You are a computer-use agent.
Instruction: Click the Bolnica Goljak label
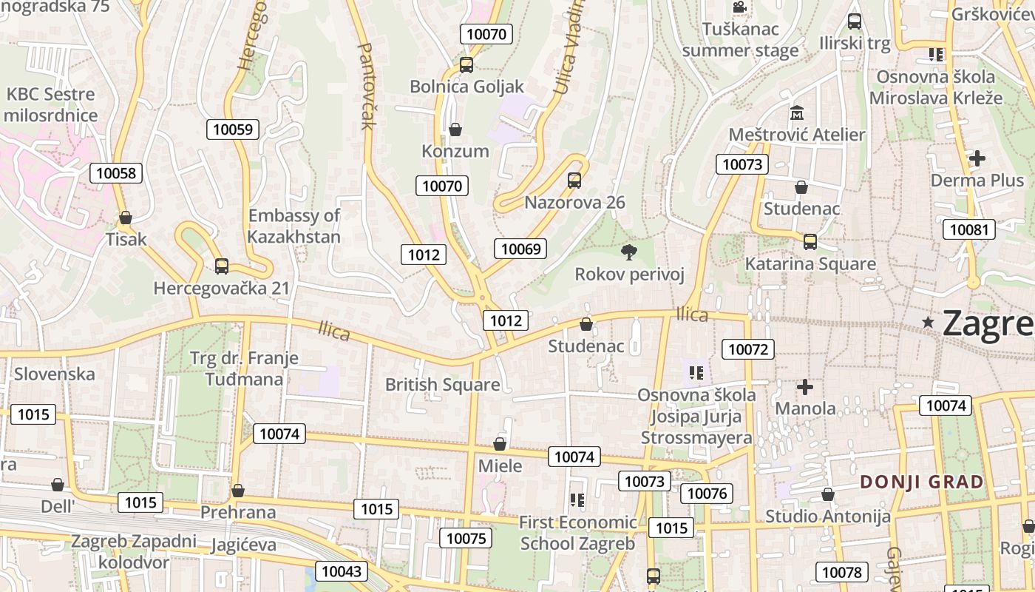click(x=466, y=87)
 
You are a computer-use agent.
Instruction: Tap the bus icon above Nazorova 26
click(x=574, y=180)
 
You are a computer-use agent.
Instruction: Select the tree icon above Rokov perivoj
click(x=629, y=252)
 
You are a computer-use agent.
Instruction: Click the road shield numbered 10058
click(x=116, y=173)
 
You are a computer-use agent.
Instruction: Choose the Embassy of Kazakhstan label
click(x=293, y=226)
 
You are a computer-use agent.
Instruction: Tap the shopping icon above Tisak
click(x=126, y=218)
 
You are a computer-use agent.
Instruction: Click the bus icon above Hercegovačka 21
click(x=221, y=266)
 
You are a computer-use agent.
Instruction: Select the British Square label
click(x=442, y=385)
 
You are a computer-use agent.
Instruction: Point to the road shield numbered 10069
click(x=521, y=249)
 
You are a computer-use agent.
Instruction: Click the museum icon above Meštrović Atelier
click(x=797, y=113)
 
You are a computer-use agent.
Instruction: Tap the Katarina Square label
click(x=810, y=264)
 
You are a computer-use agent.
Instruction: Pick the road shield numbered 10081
click(x=968, y=229)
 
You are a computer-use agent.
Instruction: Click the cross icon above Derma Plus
click(x=977, y=158)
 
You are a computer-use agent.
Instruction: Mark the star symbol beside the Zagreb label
click(x=929, y=321)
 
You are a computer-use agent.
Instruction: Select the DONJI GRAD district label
click(x=922, y=482)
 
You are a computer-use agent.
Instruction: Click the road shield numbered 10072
click(x=748, y=349)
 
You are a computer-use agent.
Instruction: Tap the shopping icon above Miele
click(x=500, y=444)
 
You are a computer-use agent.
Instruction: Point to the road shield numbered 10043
click(x=342, y=571)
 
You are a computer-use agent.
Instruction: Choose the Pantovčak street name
click(x=367, y=85)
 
